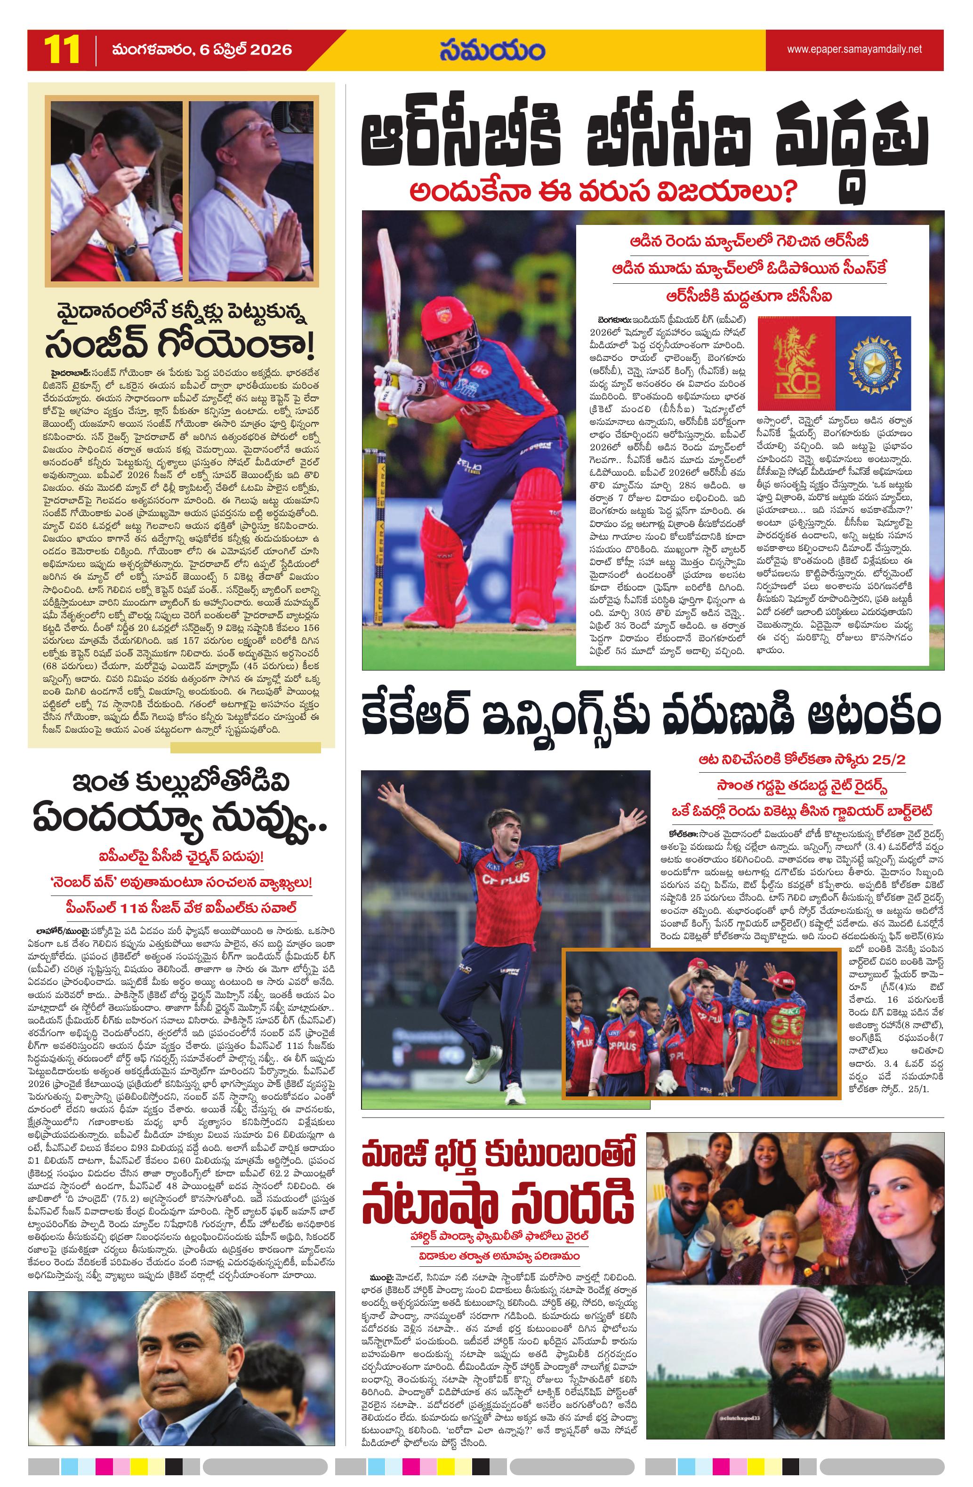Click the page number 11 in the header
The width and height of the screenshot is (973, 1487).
62,49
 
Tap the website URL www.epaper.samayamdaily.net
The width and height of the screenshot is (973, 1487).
854,49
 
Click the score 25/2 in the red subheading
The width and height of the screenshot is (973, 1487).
884,760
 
